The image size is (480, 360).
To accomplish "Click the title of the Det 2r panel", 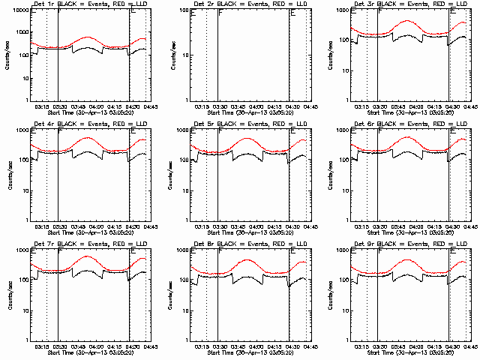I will [247, 4].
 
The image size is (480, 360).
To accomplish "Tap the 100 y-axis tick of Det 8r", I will [182, 280].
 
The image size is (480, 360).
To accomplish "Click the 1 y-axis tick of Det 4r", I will [27, 220].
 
